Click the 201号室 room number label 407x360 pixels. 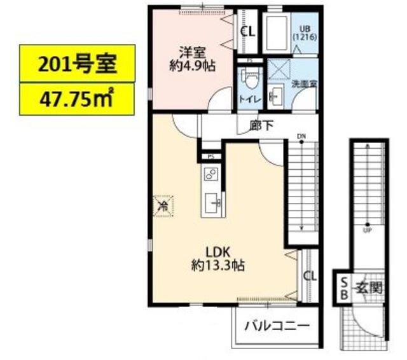pyautogui.click(x=77, y=64)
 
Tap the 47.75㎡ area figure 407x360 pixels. pyautogui.click(x=76, y=99)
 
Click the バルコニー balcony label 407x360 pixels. pyautogui.click(x=277, y=326)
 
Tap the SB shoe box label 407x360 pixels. pyautogui.click(x=343, y=288)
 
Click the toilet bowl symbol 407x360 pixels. pyautogui.click(x=250, y=78)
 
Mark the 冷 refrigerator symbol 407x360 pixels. pyautogui.click(x=162, y=205)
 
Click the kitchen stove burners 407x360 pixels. pyautogui.click(x=210, y=174)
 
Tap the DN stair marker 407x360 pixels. pyautogui.click(x=301, y=135)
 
